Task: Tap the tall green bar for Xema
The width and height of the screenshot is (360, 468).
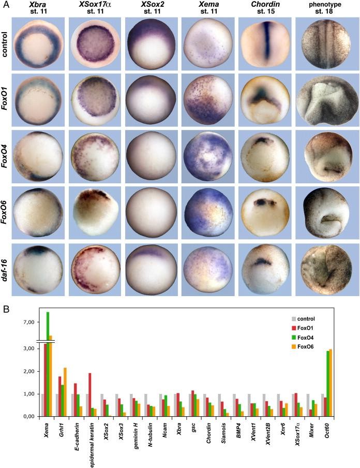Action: [48, 362]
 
